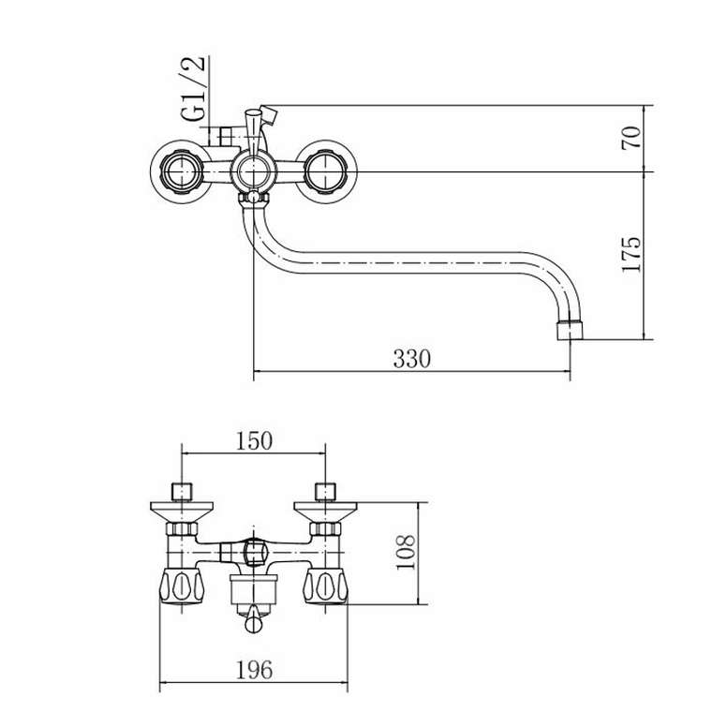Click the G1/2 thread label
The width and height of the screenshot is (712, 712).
tap(193, 88)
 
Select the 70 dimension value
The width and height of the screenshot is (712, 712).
tap(631, 138)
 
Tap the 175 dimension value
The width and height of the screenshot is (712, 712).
tap(631, 254)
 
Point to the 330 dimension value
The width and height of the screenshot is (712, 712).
tap(411, 359)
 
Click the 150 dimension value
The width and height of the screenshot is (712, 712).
tap(254, 440)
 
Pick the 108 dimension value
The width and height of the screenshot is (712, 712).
tap(405, 552)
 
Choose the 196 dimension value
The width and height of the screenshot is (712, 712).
tap(254, 669)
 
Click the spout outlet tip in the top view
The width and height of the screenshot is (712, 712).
tap(570, 331)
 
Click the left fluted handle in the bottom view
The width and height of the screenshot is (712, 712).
tap(182, 586)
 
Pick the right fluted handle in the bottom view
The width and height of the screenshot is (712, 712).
tap(325, 586)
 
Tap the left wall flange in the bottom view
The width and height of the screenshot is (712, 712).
tap(182, 512)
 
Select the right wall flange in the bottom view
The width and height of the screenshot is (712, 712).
tap(325, 512)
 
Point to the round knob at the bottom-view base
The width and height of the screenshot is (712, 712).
tap(253, 624)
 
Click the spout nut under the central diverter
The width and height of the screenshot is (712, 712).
tap(253, 198)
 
